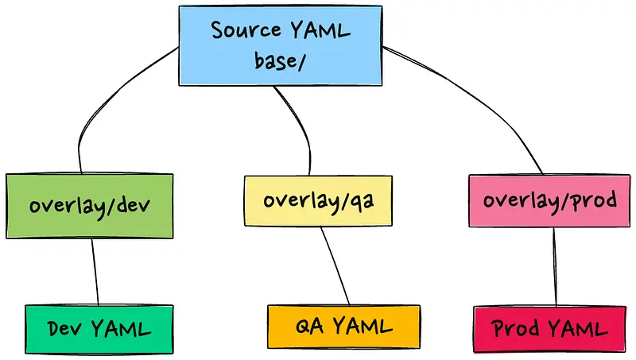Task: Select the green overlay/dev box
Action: (x=89, y=205)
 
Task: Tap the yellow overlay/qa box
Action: (x=318, y=200)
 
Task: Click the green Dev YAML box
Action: (x=99, y=327)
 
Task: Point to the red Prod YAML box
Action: (x=550, y=327)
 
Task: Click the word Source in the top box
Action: (x=243, y=30)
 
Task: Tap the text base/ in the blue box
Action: (x=280, y=60)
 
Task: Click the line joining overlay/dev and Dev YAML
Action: (x=95, y=270)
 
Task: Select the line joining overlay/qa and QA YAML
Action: (x=335, y=266)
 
